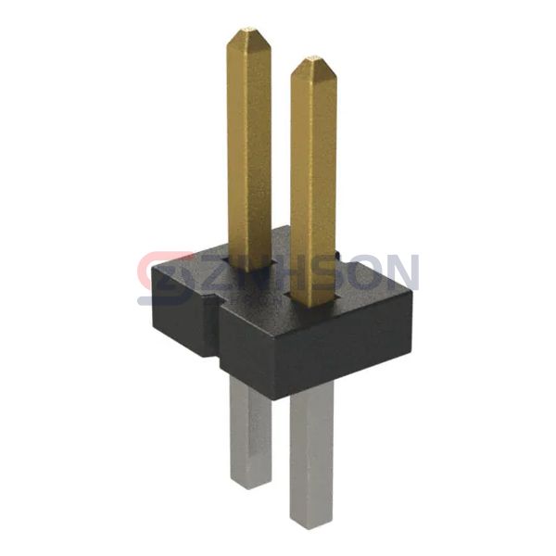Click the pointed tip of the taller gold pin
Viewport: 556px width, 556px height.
pyautogui.click(x=248, y=33)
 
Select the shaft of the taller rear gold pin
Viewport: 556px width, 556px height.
pyautogui.click(x=248, y=139)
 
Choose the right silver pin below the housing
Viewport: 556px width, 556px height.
pyautogui.click(x=311, y=454)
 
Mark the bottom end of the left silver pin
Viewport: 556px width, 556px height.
pyautogui.click(x=250, y=482)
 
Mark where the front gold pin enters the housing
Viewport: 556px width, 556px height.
pyautogui.click(x=313, y=302)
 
